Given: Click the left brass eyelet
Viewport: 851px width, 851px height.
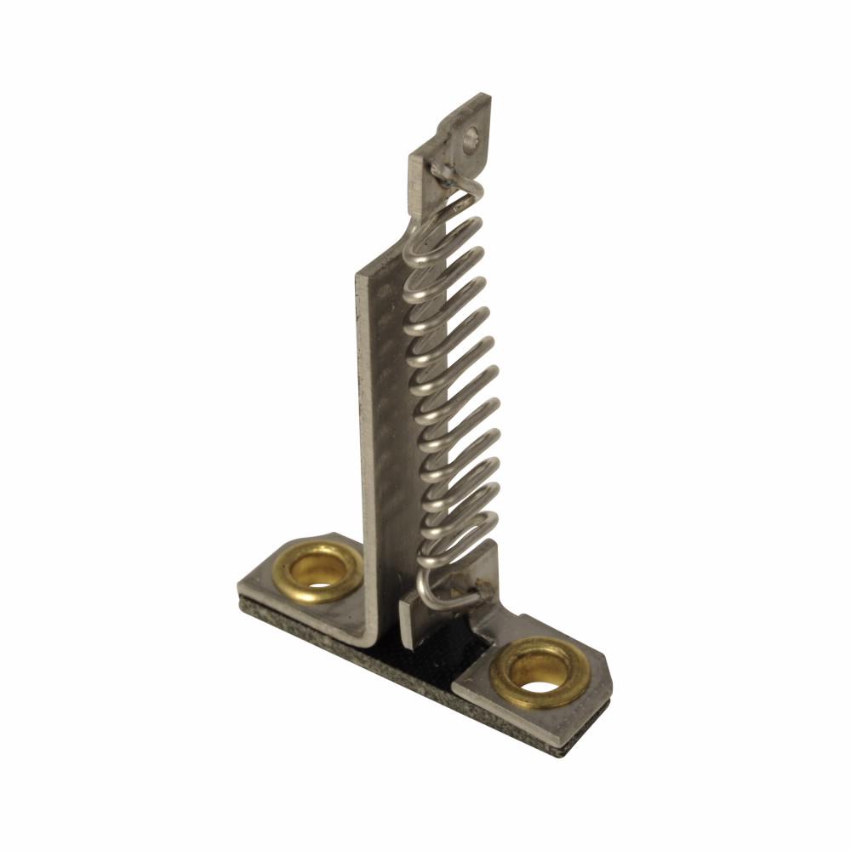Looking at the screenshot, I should point(322,571).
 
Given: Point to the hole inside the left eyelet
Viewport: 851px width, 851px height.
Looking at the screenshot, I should point(323,575).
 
